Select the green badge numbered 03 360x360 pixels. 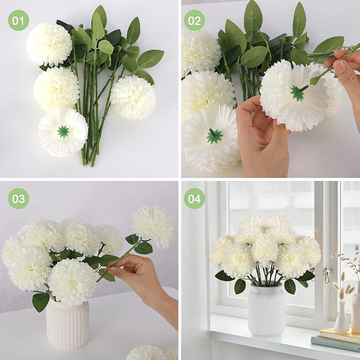click(19, 199)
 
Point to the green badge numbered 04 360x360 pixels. click(194, 199)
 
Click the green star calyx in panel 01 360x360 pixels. click(63, 131)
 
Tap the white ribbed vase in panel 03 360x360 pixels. click(67, 324)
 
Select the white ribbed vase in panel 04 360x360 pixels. click(266, 309)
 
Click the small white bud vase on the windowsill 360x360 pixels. click(341, 318)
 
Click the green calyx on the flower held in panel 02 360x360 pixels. click(297, 93)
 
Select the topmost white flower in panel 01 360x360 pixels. click(49, 44)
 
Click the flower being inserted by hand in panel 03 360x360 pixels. click(154, 226)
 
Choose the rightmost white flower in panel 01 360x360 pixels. click(133, 97)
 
